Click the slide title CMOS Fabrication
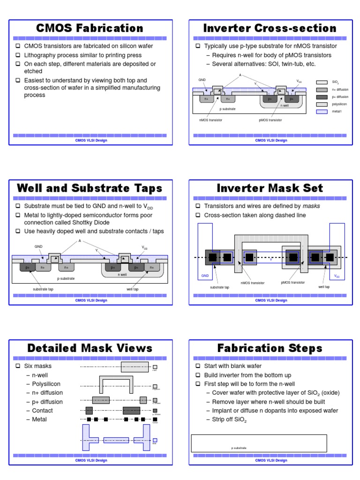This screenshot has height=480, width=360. [90, 28]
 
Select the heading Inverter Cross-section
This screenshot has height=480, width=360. [270, 28]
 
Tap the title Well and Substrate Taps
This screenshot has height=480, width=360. [90, 188]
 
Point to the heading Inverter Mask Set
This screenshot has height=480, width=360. [270, 188]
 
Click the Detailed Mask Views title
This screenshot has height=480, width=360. [90, 348]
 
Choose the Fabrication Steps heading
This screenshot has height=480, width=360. [270, 348]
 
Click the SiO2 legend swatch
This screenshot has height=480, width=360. [322, 82]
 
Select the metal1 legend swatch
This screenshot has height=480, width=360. [322, 112]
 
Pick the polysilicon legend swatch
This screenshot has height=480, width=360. [322, 104]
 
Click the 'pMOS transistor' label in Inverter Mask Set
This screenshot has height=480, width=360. [292, 283]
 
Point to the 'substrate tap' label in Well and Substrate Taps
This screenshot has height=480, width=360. [44, 289]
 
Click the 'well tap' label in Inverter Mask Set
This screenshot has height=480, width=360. [324, 286]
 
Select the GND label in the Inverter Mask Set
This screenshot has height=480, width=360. [205, 276]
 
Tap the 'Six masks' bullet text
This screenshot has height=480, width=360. [38, 366]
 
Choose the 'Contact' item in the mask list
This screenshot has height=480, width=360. [42, 411]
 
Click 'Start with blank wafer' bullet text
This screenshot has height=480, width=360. [232, 366]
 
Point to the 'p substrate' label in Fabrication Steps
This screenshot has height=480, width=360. [239, 448]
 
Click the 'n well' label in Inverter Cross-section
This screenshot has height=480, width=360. [285, 106]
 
